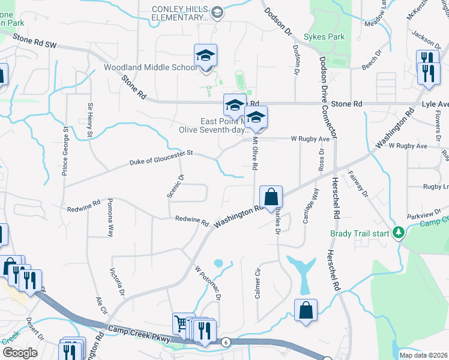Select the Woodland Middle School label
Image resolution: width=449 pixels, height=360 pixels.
150,67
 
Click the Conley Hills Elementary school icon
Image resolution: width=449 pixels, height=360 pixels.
218,11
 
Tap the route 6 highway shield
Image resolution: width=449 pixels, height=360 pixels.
226,342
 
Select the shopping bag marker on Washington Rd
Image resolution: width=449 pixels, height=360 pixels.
271,196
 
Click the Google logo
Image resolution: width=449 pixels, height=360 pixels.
20,352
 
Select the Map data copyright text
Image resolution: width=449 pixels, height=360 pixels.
423,355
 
